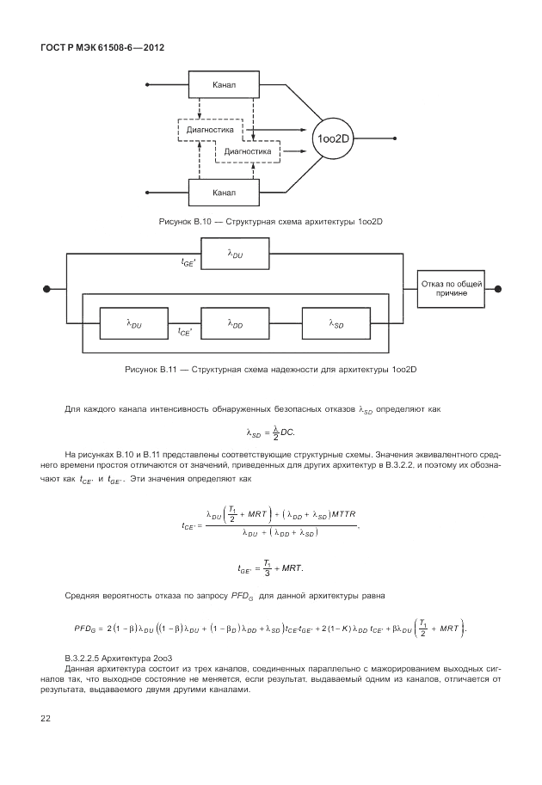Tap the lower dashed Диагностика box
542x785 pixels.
(x=247, y=152)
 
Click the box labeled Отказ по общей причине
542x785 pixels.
(x=451, y=289)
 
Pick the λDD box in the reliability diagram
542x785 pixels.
(x=235, y=324)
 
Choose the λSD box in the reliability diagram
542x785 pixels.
(x=336, y=324)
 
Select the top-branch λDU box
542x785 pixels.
(x=235, y=254)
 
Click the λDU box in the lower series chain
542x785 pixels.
(x=134, y=324)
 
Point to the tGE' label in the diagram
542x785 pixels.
(x=188, y=263)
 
